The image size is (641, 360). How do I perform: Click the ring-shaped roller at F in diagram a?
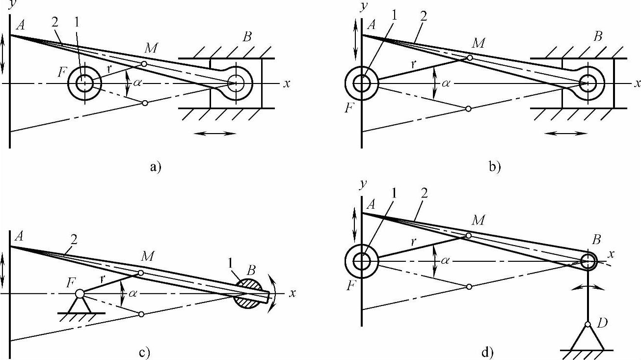pyautogui.click(x=85, y=83)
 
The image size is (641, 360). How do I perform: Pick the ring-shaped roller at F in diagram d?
pyautogui.click(x=362, y=262)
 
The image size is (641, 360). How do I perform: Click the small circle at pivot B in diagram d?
pyautogui.click(x=588, y=261)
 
